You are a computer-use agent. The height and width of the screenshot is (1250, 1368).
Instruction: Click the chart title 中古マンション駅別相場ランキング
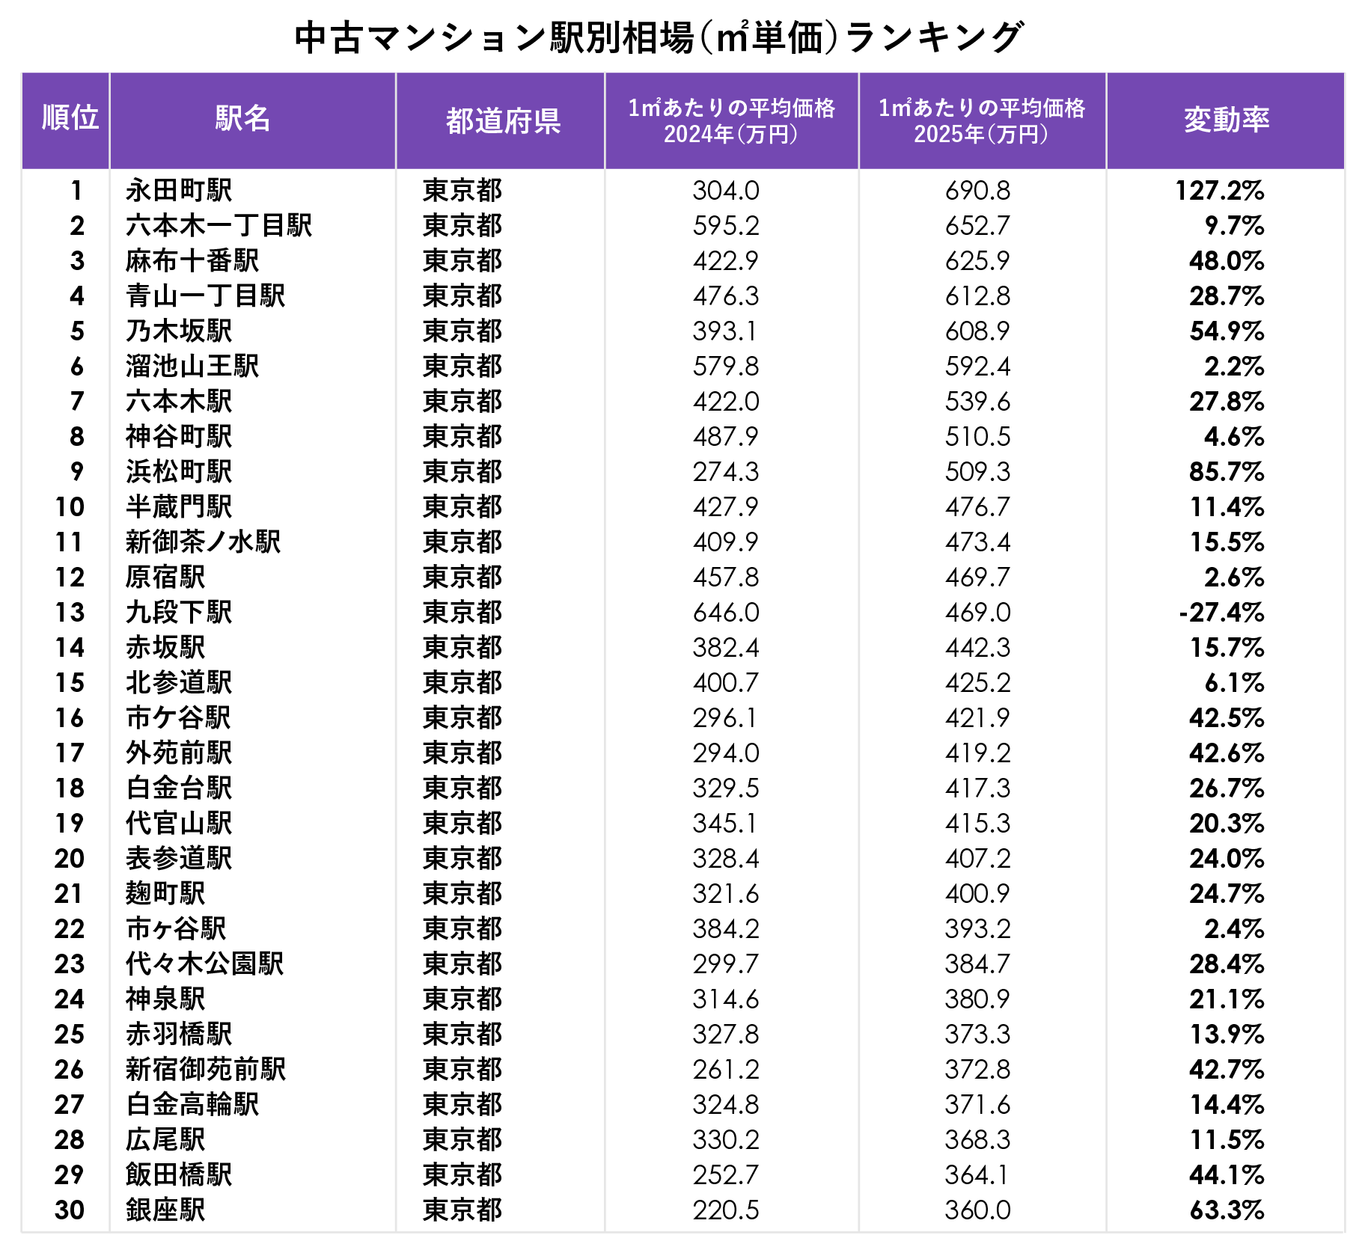(659, 37)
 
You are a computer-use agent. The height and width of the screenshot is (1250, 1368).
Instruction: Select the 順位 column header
(70, 117)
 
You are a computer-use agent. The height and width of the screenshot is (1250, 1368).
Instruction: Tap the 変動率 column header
(1227, 119)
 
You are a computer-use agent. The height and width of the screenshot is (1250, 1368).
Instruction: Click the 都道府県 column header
(504, 120)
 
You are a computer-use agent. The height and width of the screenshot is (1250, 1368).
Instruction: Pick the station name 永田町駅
(179, 190)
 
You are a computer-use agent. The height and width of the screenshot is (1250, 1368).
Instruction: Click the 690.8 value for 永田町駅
(977, 191)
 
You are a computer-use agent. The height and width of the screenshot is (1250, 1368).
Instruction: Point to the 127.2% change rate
(1220, 191)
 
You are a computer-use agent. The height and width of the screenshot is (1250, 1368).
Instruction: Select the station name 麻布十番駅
(192, 260)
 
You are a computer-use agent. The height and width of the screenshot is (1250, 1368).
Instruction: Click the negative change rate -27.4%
(1221, 613)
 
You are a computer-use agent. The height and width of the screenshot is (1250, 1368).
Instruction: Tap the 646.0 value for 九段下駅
(726, 613)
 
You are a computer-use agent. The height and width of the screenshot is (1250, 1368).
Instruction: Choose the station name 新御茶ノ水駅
(204, 542)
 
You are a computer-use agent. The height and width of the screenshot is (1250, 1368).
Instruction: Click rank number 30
(70, 1210)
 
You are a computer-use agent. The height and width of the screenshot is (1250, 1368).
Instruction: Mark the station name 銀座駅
(165, 1210)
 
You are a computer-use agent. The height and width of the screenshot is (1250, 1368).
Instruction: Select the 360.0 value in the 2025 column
(977, 1210)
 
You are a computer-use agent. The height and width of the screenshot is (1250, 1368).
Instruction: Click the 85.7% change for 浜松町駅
(1227, 472)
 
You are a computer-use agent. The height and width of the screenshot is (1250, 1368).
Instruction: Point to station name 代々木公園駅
(205, 963)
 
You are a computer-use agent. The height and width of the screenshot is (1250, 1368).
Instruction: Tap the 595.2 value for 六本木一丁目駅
(726, 226)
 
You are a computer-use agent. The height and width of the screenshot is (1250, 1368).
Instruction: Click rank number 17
(70, 753)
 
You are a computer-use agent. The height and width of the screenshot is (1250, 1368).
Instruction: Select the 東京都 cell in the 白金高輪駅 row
(462, 1104)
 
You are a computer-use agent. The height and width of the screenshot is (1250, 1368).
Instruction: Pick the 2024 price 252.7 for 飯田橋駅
(726, 1174)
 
